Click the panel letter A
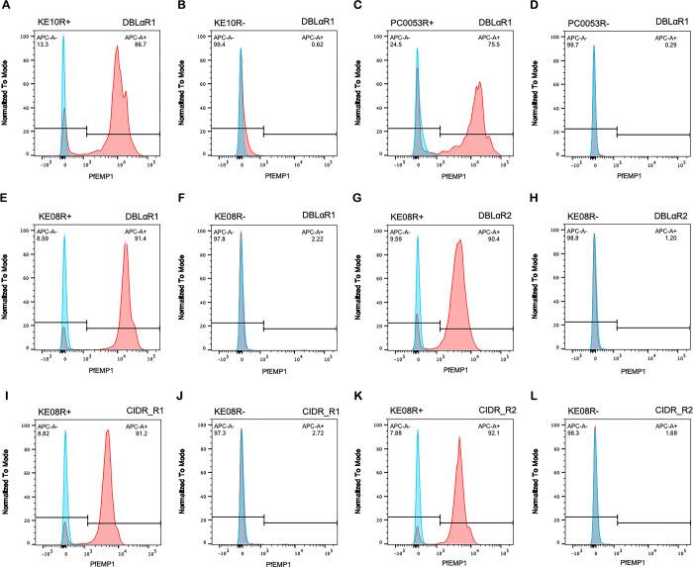coord(6,7)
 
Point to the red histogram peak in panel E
coord(126,244)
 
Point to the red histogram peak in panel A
coord(117,47)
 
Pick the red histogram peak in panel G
coord(458,240)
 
